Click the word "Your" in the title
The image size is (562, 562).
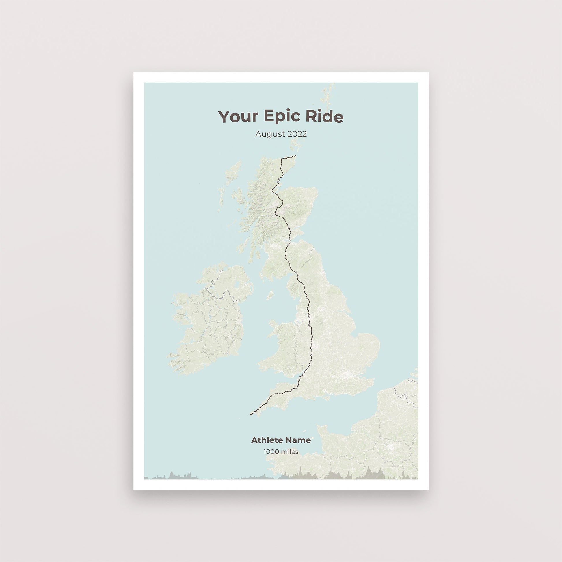pyautogui.click(x=238, y=117)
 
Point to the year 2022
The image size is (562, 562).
pyautogui.click(x=297, y=134)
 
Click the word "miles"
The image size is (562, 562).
pyautogui.click(x=289, y=451)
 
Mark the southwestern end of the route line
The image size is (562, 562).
pyautogui.click(x=250, y=414)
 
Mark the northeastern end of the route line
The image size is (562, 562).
pyautogui.click(x=295, y=156)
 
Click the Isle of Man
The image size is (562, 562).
pyautogui.click(x=270, y=295)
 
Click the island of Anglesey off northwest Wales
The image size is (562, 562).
pyautogui.click(x=273, y=323)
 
